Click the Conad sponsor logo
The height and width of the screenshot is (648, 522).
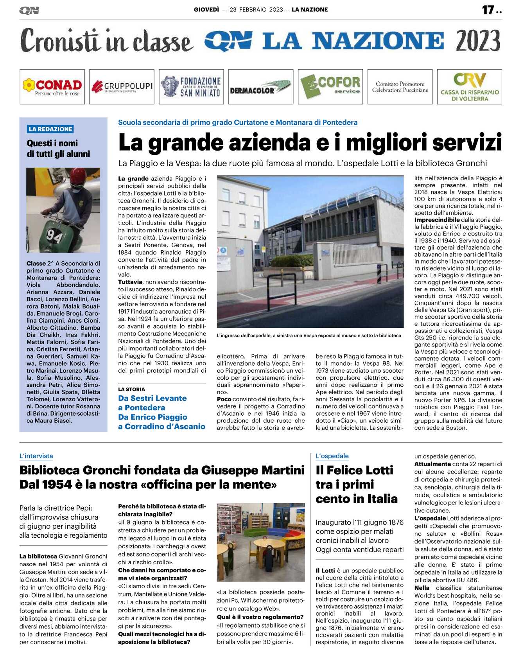pos(52,87)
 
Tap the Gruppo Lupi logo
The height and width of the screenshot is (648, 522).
pos(122,87)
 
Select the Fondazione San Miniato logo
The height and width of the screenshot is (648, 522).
pos(191,87)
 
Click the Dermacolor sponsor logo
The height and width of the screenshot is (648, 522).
pos(261,87)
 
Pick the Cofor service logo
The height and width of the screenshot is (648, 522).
pos(330,87)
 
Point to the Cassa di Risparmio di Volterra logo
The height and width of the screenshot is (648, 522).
pos(469,87)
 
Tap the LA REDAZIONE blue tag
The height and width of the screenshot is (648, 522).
pos(50,129)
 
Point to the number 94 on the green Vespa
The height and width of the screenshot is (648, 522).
pos(54,235)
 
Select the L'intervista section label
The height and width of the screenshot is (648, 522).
pos(36,456)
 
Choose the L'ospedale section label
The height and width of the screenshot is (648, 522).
pos(332,456)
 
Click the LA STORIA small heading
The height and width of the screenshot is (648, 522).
pos(131,390)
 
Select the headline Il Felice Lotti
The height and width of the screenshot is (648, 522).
pos(354,470)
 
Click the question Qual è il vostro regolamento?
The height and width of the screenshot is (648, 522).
pos(260,617)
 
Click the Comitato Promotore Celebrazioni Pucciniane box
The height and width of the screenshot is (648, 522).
pos(400,87)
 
